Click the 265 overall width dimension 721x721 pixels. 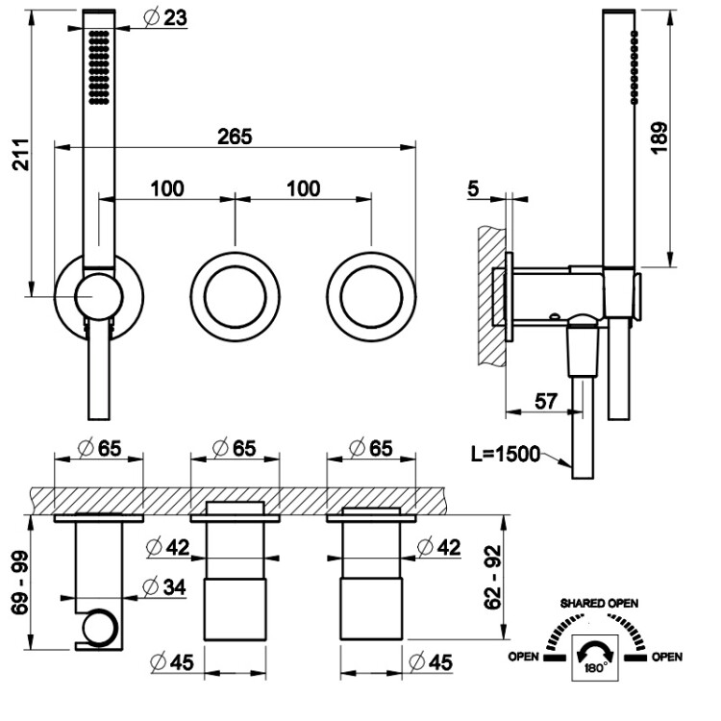click(x=234, y=137)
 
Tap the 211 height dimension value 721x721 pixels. click(x=21, y=154)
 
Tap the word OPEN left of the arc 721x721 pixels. click(x=524, y=658)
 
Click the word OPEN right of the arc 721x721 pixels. click(x=666, y=658)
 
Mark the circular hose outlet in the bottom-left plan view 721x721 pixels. click(x=96, y=631)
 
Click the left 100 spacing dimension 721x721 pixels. click(x=167, y=188)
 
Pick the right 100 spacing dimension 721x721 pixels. click(x=304, y=188)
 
